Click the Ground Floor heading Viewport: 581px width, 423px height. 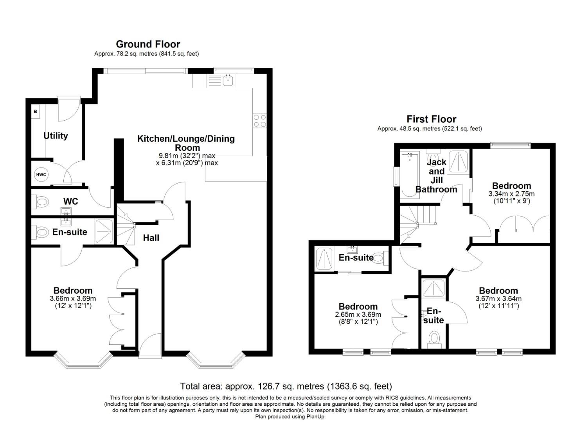point(148,44)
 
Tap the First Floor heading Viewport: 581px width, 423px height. point(431,119)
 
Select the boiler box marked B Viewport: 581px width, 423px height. point(36,112)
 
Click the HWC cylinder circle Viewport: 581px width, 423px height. point(41,175)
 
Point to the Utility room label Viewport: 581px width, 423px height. point(56,136)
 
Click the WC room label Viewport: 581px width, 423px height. point(71,201)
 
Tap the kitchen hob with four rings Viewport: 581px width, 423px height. point(259,121)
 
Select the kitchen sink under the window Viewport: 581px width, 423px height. point(228,81)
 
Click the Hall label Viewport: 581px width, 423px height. point(151,238)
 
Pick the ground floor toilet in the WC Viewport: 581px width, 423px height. point(40,202)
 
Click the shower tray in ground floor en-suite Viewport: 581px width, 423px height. point(104,231)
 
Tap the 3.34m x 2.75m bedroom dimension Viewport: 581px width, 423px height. point(511,194)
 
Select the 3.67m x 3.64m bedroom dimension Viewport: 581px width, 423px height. point(498,298)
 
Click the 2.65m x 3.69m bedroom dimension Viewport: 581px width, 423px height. point(358,315)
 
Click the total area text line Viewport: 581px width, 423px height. point(286,387)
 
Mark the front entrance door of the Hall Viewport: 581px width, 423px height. point(150,346)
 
